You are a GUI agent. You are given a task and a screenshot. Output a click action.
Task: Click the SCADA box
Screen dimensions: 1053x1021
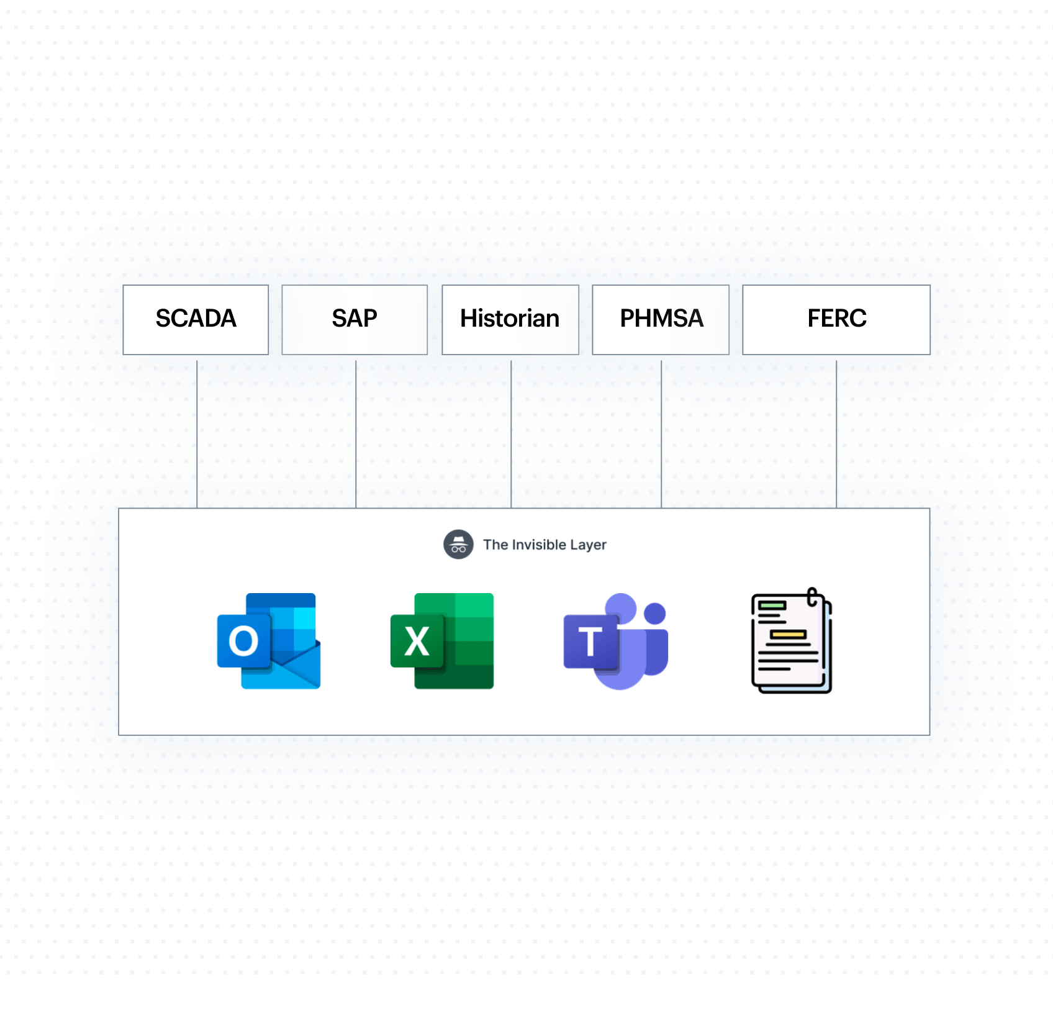196,320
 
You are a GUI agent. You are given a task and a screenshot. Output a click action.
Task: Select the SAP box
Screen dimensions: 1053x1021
355,320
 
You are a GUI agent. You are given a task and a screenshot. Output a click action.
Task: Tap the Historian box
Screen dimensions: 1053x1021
510,320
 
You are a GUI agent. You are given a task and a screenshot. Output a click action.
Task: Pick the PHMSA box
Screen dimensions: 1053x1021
661,320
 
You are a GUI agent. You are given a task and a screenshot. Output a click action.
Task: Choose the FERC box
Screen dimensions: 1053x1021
836,320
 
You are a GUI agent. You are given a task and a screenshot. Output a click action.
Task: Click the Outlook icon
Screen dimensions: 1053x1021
269,641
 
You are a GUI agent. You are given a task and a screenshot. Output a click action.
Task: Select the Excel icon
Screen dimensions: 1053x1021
442,641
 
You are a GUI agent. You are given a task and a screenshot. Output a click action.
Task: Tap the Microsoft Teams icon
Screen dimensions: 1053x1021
616,641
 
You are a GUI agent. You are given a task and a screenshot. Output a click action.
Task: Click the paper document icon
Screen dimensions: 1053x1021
792,641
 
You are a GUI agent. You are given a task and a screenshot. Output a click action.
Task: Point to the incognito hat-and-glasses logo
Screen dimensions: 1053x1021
458,545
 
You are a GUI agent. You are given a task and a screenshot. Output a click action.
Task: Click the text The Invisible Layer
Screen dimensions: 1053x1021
545,545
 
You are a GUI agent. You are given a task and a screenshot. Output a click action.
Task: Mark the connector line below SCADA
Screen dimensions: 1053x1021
197,434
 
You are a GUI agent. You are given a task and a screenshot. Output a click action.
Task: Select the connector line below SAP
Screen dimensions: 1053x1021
356,434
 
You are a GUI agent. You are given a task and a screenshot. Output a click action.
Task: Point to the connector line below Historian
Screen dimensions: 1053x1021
511,434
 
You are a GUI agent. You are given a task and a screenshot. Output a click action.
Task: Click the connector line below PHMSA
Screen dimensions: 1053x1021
661,434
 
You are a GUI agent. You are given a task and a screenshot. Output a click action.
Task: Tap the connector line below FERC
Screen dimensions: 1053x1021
836,434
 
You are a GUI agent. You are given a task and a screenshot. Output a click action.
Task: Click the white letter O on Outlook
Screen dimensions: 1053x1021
243,641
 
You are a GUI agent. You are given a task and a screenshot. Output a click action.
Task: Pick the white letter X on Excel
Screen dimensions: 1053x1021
417,641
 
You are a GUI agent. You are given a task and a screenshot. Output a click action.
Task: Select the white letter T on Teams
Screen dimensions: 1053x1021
590,641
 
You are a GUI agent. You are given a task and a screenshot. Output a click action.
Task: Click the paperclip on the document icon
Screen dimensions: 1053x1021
813,597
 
